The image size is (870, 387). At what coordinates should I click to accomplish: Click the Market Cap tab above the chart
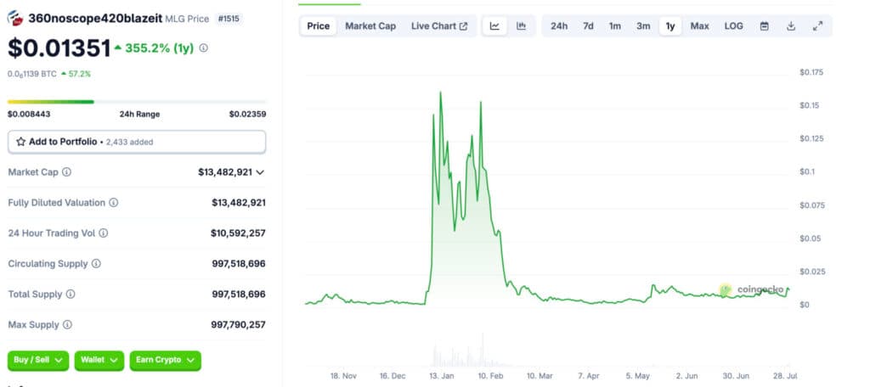coord(370,26)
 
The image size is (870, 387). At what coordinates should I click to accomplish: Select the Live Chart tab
coord(439,26)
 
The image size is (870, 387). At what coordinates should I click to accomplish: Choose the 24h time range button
coord(559,26)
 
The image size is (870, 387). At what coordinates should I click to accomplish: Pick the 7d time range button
coord(588,26)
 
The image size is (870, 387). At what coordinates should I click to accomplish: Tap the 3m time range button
coord(643,26)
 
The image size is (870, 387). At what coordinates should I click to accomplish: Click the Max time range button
coord(699,26)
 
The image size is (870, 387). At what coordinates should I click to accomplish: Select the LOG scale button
coord(733,26)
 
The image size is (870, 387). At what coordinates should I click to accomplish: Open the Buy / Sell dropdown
coord(38,360)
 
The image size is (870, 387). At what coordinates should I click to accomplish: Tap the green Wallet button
coord(99,360)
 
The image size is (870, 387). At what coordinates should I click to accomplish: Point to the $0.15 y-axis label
coord(811,105)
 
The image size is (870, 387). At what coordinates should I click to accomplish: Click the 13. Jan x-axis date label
coord(441,374)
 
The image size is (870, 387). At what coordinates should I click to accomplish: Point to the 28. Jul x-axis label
coord(784,374)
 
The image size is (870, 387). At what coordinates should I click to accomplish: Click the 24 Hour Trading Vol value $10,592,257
coord(238,233)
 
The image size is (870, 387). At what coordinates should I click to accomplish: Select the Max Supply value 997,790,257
coord(238,324)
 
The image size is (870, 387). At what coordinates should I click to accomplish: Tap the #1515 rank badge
coord(229,18)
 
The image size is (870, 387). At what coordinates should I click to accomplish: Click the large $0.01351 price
coord(59,48)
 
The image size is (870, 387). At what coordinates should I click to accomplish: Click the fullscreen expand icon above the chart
coord(817,26)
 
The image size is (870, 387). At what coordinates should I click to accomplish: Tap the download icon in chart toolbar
coord(791,26)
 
